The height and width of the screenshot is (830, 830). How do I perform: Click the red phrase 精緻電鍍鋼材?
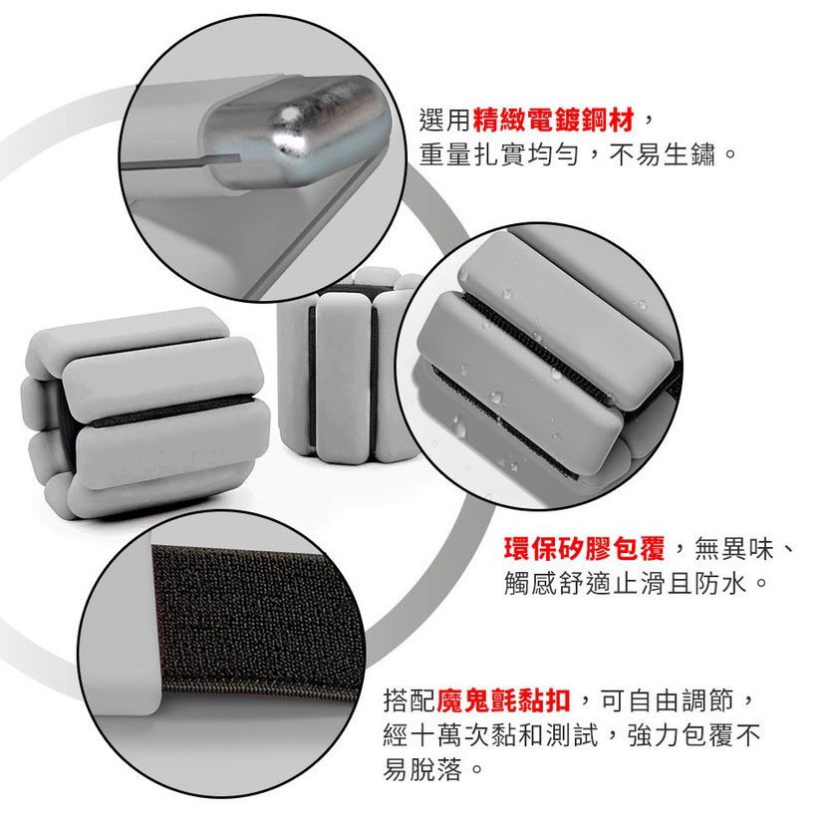(x=553, y=120)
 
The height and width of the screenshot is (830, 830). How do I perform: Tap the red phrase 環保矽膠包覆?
(x=584, y=548)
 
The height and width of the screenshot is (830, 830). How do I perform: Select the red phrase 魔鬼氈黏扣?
(x=503, y=700)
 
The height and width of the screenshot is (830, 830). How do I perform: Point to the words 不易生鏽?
(x=662, y=154)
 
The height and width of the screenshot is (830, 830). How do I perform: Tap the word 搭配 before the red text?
(x=410, y=700)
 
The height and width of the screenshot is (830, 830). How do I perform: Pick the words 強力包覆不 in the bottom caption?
(x=693, y=734)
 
